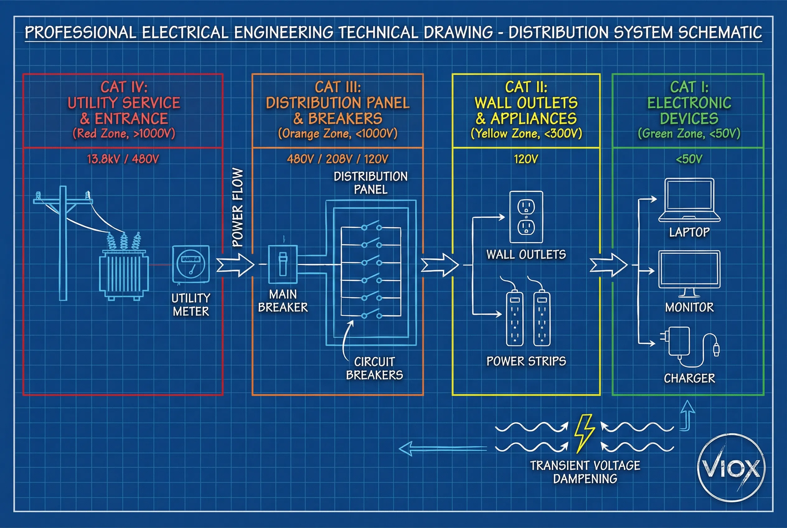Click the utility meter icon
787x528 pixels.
click(191, 265)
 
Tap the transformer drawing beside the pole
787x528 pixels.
click(124, 273)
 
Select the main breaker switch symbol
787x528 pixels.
click(283, 265)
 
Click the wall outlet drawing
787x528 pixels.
click(526, 217)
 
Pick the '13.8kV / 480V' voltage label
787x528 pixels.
click(123, 159)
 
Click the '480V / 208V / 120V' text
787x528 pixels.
click(337, 159)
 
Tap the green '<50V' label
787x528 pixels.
click(689, 159)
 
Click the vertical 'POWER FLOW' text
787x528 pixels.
click(238, 207)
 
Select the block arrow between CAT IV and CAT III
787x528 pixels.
click(235, 265)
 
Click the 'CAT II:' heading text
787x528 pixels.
click(526, 87)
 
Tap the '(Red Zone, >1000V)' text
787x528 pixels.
click(124, 134)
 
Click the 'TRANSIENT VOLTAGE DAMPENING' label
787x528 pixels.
click(585, 472)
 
